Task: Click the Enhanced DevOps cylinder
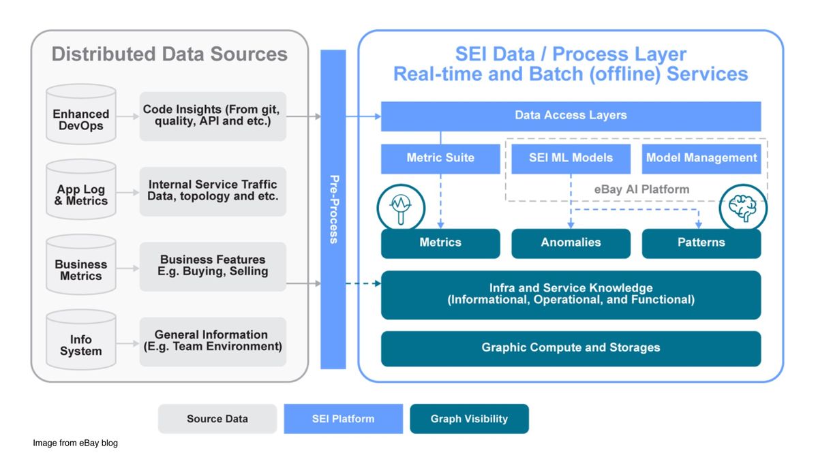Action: click(81, 114)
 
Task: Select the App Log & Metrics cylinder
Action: click(81, 189)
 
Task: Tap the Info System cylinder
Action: click(81, 339)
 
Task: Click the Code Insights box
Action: click(213, 116)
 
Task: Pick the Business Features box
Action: click(213, 266)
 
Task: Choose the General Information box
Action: click(213, 342)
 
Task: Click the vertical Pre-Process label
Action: click(334, 209)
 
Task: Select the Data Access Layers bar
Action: click(571, 116)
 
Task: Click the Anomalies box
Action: click(571, 243)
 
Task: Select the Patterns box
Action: click(701, 243)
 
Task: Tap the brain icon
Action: click(743, 208)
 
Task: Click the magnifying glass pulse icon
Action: click(401, 208)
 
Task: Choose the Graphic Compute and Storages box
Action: click(571, 349)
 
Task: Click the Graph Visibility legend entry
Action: click(469, 419)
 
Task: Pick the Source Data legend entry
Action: click(217, 419)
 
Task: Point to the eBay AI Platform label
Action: click(641, 189)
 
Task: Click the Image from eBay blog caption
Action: click(75, 443)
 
